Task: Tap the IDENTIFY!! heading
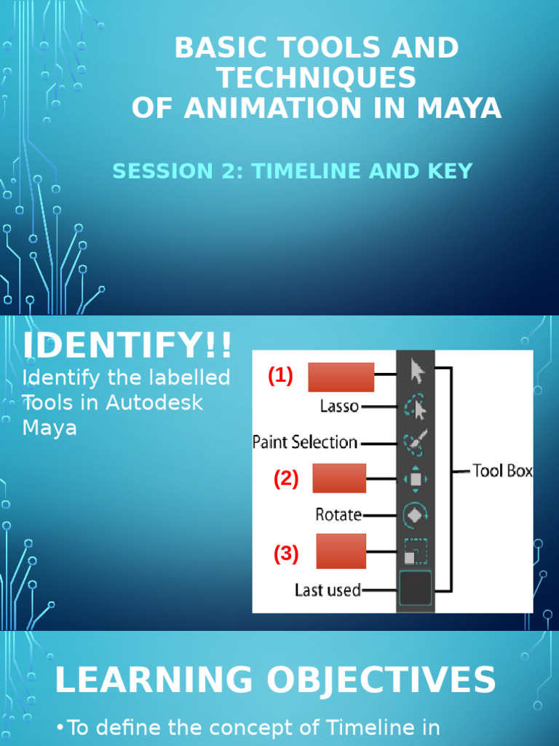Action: click(127, 345)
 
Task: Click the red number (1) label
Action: click(280, 376)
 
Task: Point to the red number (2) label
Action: click(286, 479)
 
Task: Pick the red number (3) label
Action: click(286, 554)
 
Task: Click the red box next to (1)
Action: click(341, 377)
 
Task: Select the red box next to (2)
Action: click(339, 478)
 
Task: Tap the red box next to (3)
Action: click(341, 551)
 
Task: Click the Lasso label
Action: click(339, 407)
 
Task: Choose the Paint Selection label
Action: click(305, 442)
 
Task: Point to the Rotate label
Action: click(338, 514)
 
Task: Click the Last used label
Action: click(328, 590)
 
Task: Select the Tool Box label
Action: click(502, 471)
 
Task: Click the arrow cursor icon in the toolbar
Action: click(416, 372)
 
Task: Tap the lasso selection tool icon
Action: click(416, 407)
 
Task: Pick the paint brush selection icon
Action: click(416, 442)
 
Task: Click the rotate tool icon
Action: click(416, 514)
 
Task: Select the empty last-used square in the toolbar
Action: click(416, 589)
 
